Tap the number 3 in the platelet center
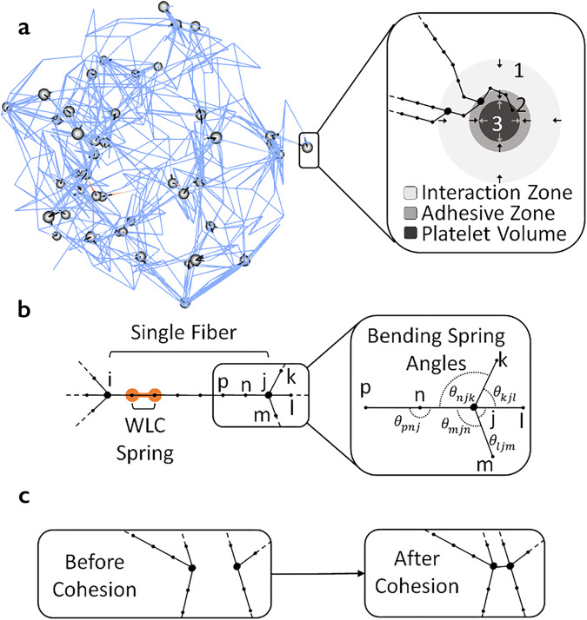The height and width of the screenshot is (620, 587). tap(494, 122)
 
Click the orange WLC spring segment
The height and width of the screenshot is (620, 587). tap(143, 396)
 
